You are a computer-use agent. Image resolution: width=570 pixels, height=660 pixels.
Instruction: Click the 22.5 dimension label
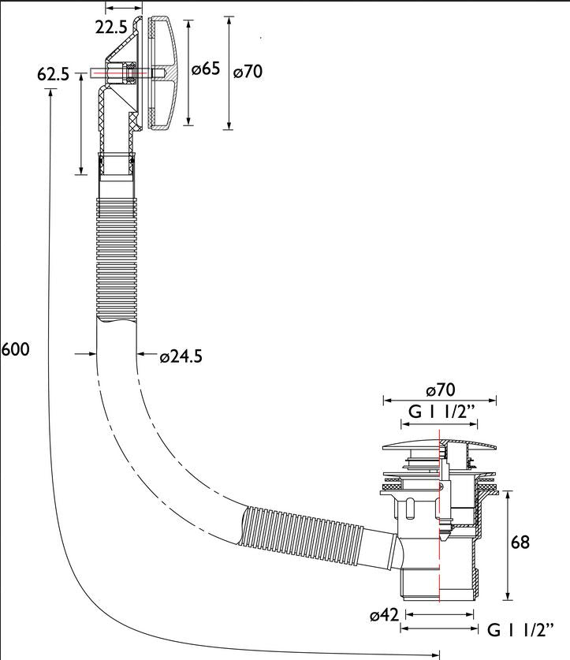[x=110, y=28]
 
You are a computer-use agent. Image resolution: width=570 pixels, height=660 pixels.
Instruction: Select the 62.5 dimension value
[x=53, y=74]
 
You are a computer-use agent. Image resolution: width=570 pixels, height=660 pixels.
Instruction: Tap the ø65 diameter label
[x=206, y=68]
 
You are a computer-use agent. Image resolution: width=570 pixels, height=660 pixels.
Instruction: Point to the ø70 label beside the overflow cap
[x=248, y=72]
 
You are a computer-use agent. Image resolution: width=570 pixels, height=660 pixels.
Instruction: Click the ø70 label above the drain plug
[x=441, y=390]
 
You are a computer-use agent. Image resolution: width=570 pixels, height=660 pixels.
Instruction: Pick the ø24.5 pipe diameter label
[x=181, y=356]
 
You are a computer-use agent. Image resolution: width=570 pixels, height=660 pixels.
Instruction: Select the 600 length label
[x=15, y=349]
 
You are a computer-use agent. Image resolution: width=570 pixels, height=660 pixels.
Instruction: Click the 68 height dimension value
[x=520, y=542]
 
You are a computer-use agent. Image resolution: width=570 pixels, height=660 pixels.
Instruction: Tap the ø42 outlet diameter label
[x=384, y=615]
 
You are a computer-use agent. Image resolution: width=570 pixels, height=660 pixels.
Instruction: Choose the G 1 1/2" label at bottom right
[x=520, y=630]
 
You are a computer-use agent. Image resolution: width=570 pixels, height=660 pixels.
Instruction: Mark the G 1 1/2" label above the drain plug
[x=441, y=412]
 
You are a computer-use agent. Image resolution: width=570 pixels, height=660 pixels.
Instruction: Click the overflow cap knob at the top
[x=164, y=73]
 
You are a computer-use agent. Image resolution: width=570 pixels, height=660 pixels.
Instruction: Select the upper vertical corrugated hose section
[x=117, y=258]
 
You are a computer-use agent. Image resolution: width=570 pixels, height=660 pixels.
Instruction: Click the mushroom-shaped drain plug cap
[x=439, y=445]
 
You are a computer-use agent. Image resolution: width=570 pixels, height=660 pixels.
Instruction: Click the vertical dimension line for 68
[x=509, y=545]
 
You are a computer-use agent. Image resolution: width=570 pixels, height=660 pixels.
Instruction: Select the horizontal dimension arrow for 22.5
[x=124, y=8]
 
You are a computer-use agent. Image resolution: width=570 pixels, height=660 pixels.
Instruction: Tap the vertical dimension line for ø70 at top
[x=229, y=73]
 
